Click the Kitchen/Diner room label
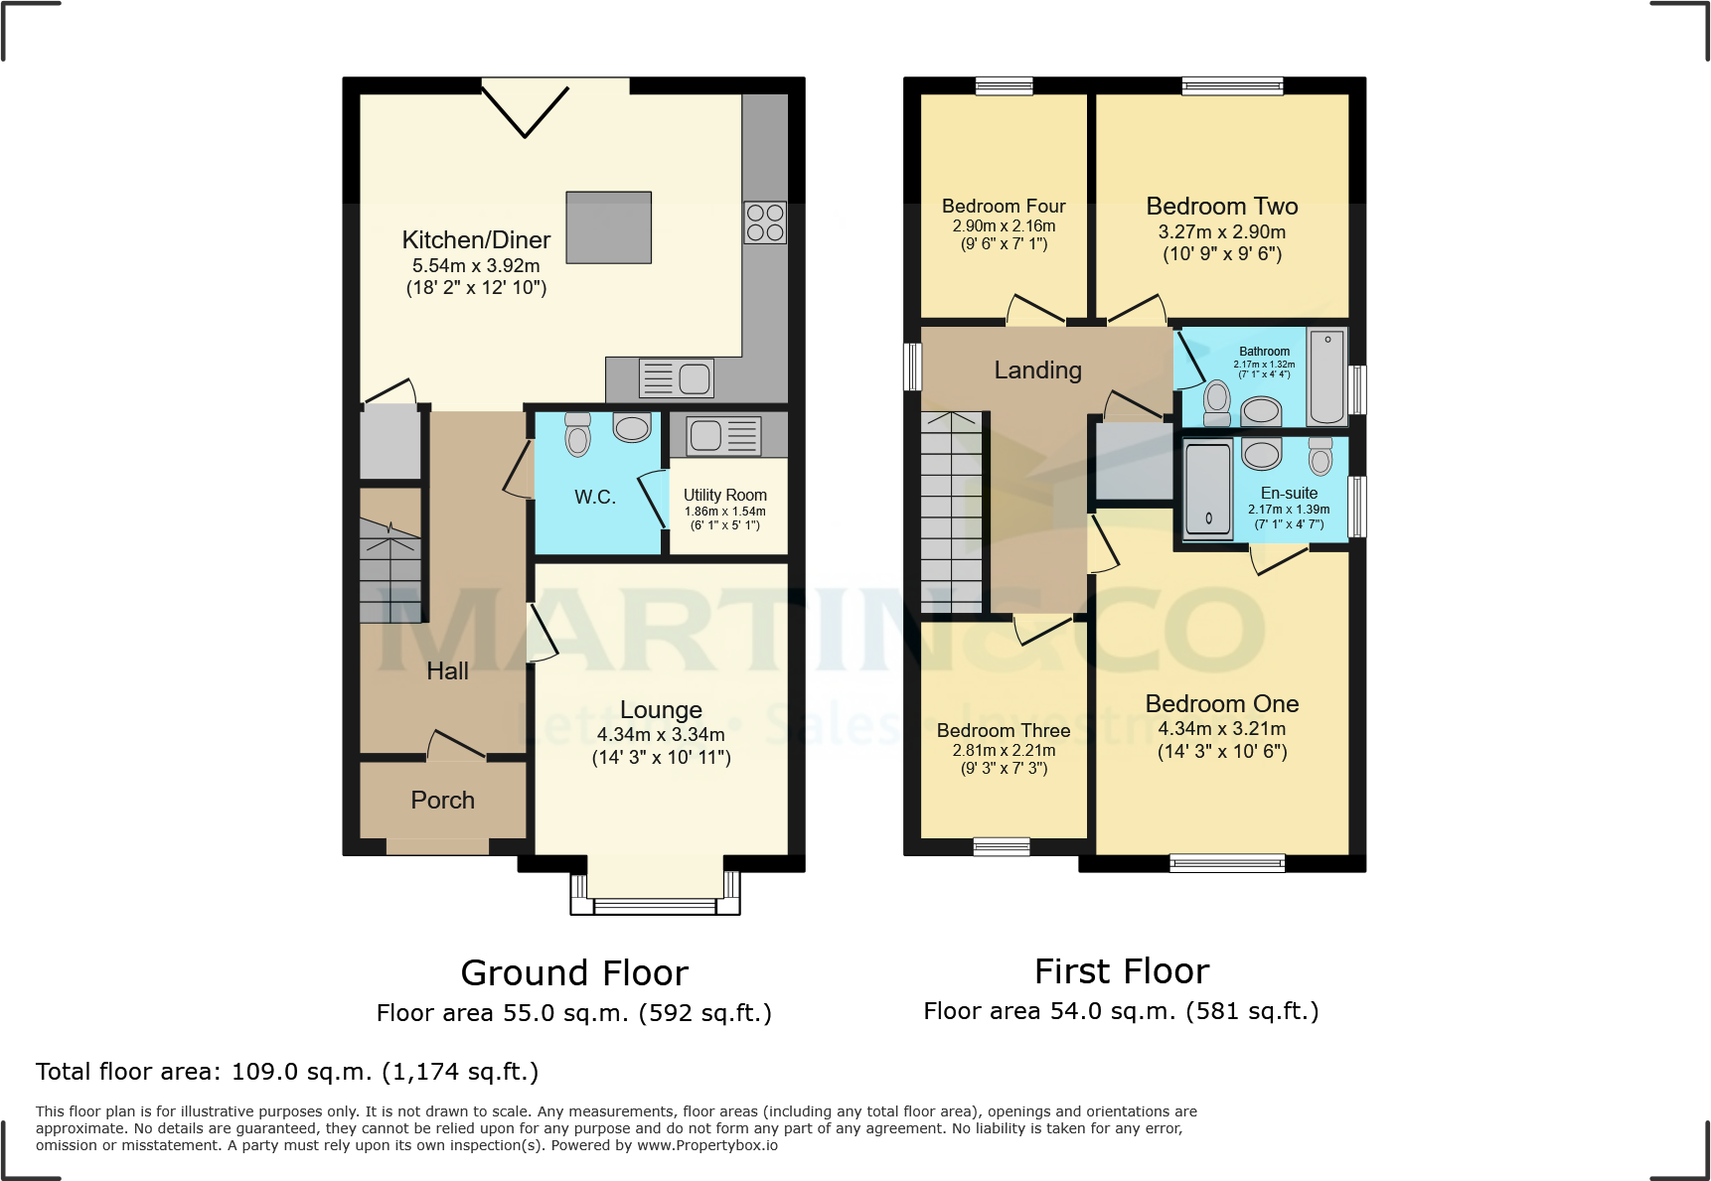pyautogui.click(x=476, y=240)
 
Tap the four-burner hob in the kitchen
pyautogui.click(x=765, y=222)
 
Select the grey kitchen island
pyautogui.click(x=608, y=227)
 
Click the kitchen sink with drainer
pyautogui.click(x=676, y=378)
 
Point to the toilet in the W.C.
pyautogui.click(x=577, y=434)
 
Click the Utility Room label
pyautogui.click(x=724, y=495)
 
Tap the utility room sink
pyautogui.click(x=724, y=435)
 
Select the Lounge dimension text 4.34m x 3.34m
pyautogui.click(x=661, y=735)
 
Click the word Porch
pyautogui.click(x=442, y=800)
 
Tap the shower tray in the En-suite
pyautogui.click(x=1208, y=490)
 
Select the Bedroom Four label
pyautogui.click(x=1004, y=207)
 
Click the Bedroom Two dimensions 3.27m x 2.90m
pyautogui.click(x=1221, y=232)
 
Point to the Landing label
pyautogui.click(x=1037, y=370)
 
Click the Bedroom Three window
pyautogui.click(x=1002, y=846)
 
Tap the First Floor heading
pyautogui.click(x=1121, y=970)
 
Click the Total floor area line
pyautogui.click(x=287, y=1072)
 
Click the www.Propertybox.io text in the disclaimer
pyautogui.click(x=706, y=1145)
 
